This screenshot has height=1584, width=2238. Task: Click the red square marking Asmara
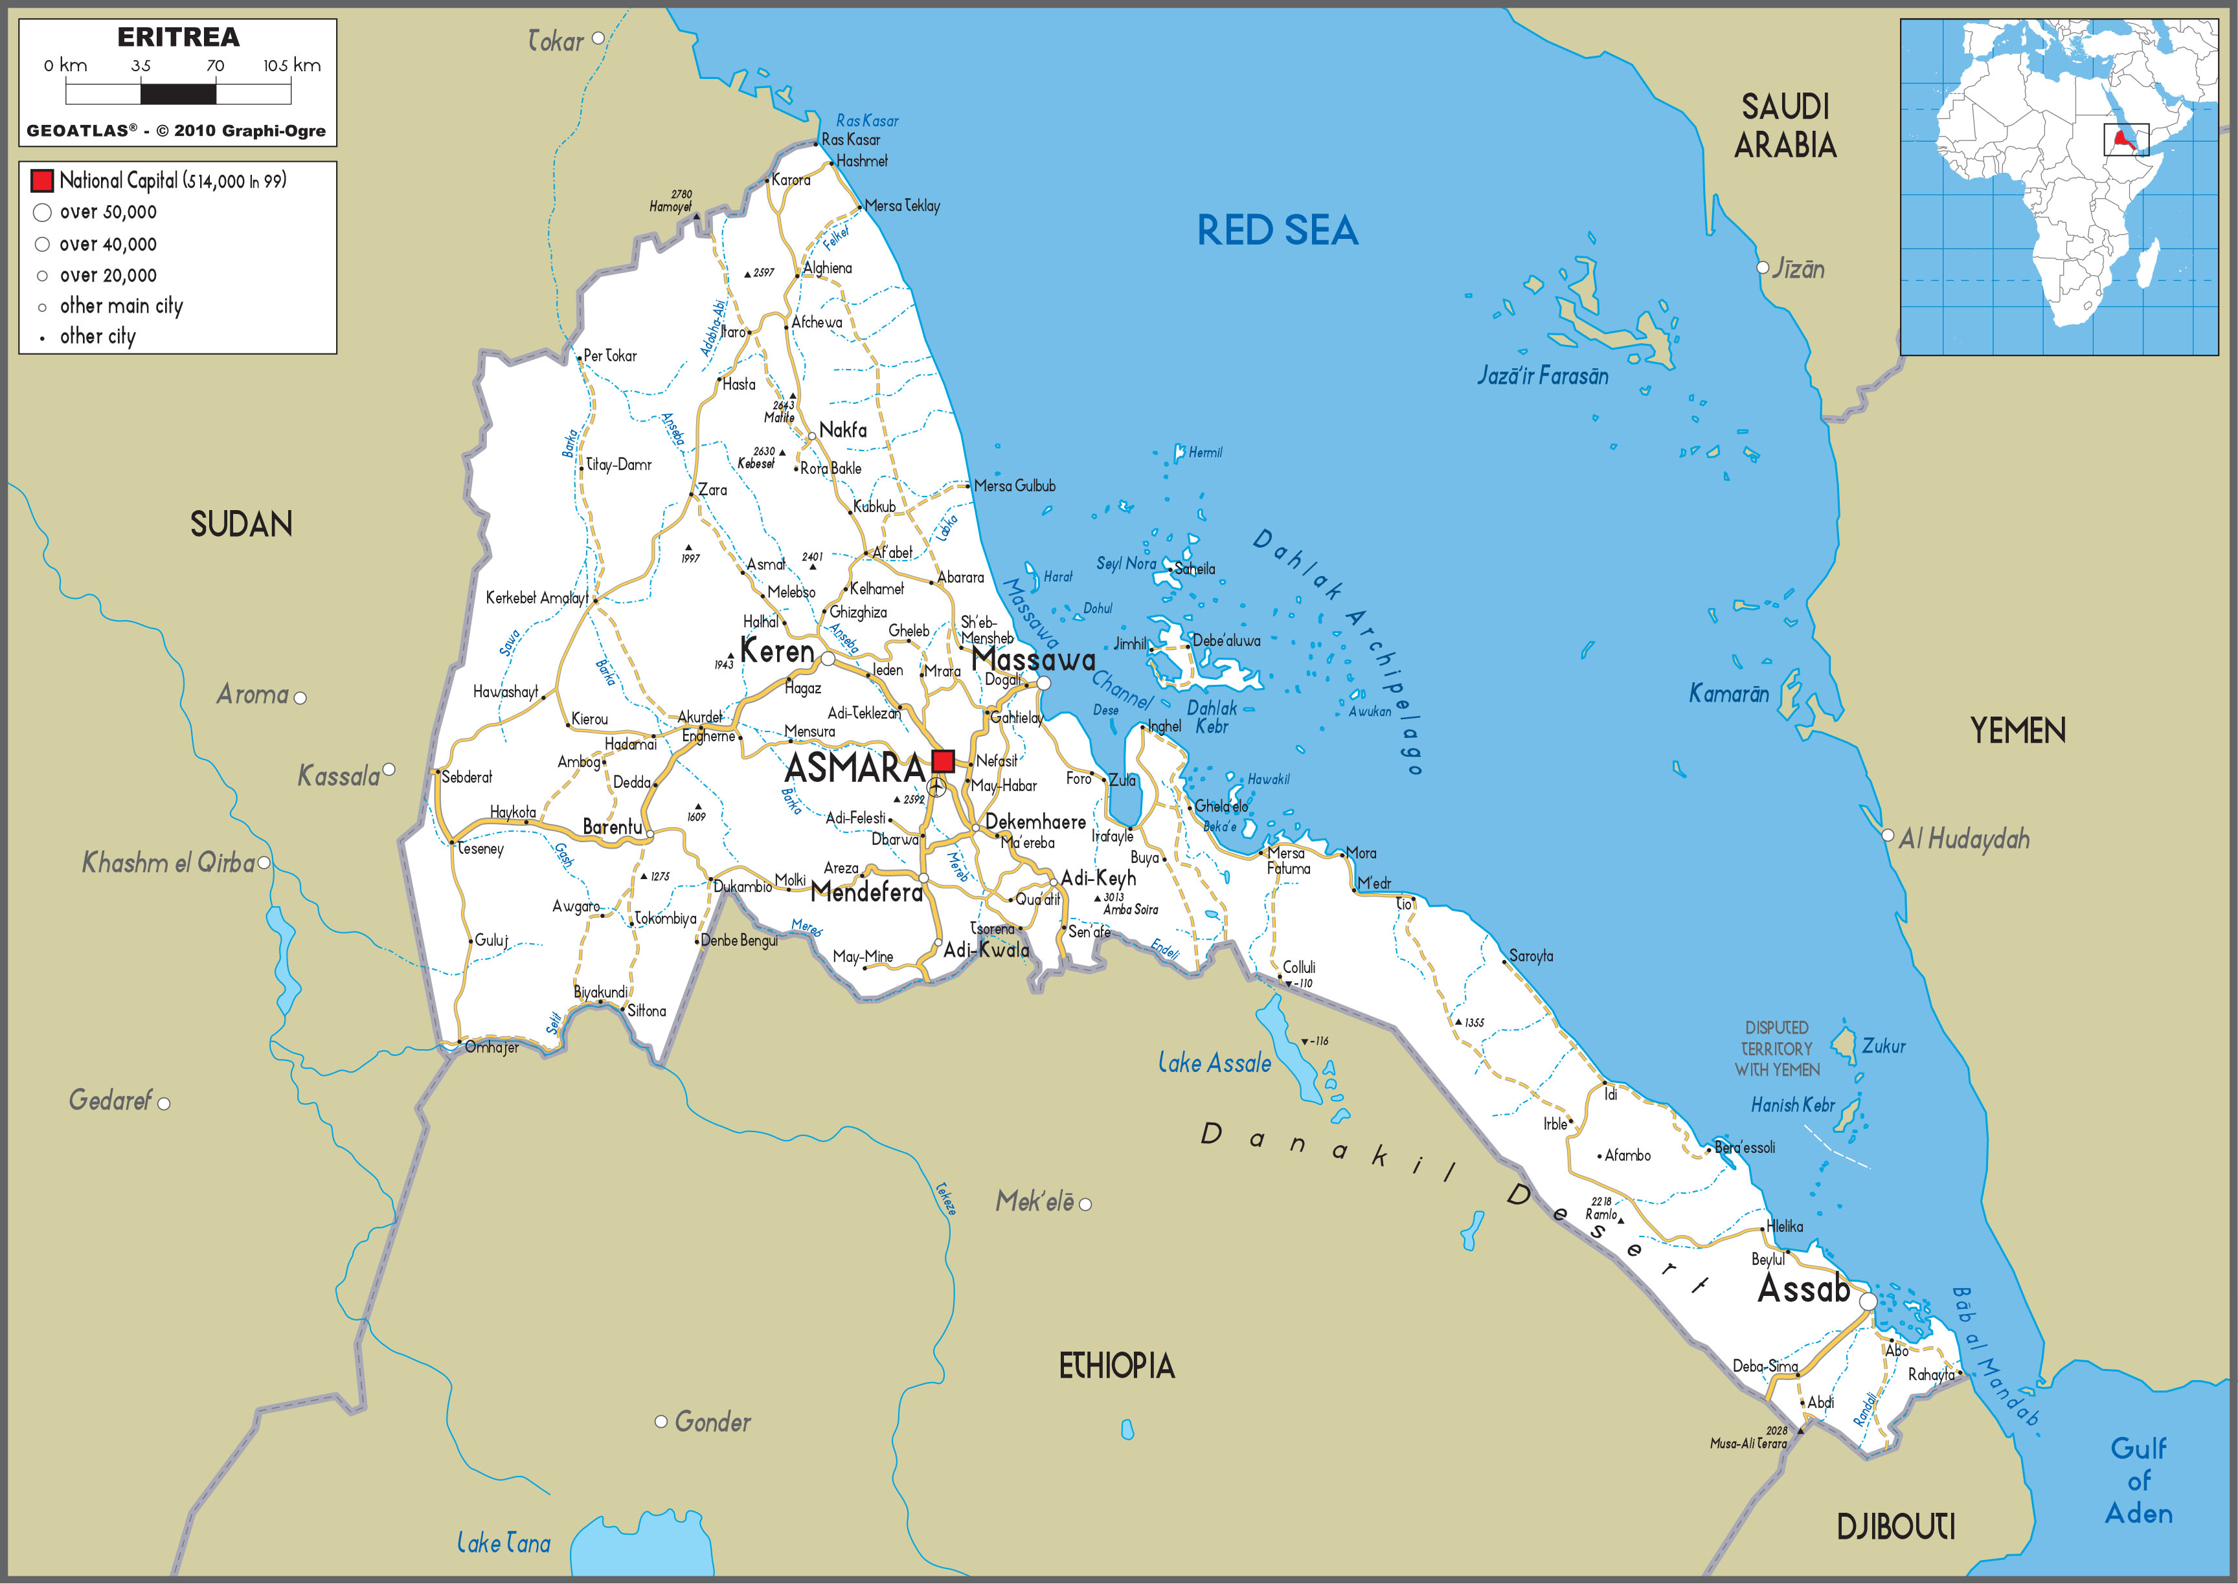[x=942, y=761]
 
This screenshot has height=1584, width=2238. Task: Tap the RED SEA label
[x=1277, y=231]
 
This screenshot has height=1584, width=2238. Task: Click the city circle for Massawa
[x=1043, y=683]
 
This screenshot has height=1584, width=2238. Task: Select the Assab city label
[x=1803, y=1289]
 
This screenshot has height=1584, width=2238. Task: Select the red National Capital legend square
[x=42, y=181]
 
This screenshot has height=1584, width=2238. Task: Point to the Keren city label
[x=776, y=651]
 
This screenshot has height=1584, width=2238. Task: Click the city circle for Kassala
[x=389, y=770]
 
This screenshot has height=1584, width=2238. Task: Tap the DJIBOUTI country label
[x=1895, y=1526]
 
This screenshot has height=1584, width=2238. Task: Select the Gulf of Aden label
[x=2138, y=1480]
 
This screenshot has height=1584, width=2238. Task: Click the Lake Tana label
[x=503, y=1543]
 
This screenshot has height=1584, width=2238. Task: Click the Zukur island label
[x=1883, y=1045]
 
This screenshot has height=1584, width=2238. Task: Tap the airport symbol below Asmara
[x=936, y=786]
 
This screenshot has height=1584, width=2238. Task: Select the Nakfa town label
[x=843, y=429]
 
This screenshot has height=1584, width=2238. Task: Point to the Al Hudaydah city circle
[x=1887, y=835]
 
